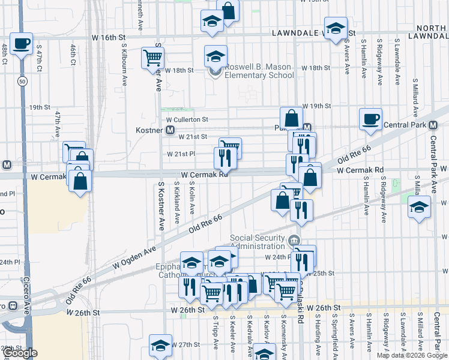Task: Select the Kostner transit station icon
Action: [x=170, y=130]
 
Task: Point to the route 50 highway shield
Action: [x=22, y=81]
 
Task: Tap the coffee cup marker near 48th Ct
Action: [x=21, y=44]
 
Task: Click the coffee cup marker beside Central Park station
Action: [x=370, y=118]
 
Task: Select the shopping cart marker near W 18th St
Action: [x=152, y=58]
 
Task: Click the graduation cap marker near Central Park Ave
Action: [x=419, y=207]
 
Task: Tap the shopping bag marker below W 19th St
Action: [x=291, y=117]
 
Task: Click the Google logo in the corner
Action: [x=19, y=353]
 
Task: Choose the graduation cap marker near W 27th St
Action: [x=161, y=345]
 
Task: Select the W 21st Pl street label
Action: [x=183, y=154]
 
